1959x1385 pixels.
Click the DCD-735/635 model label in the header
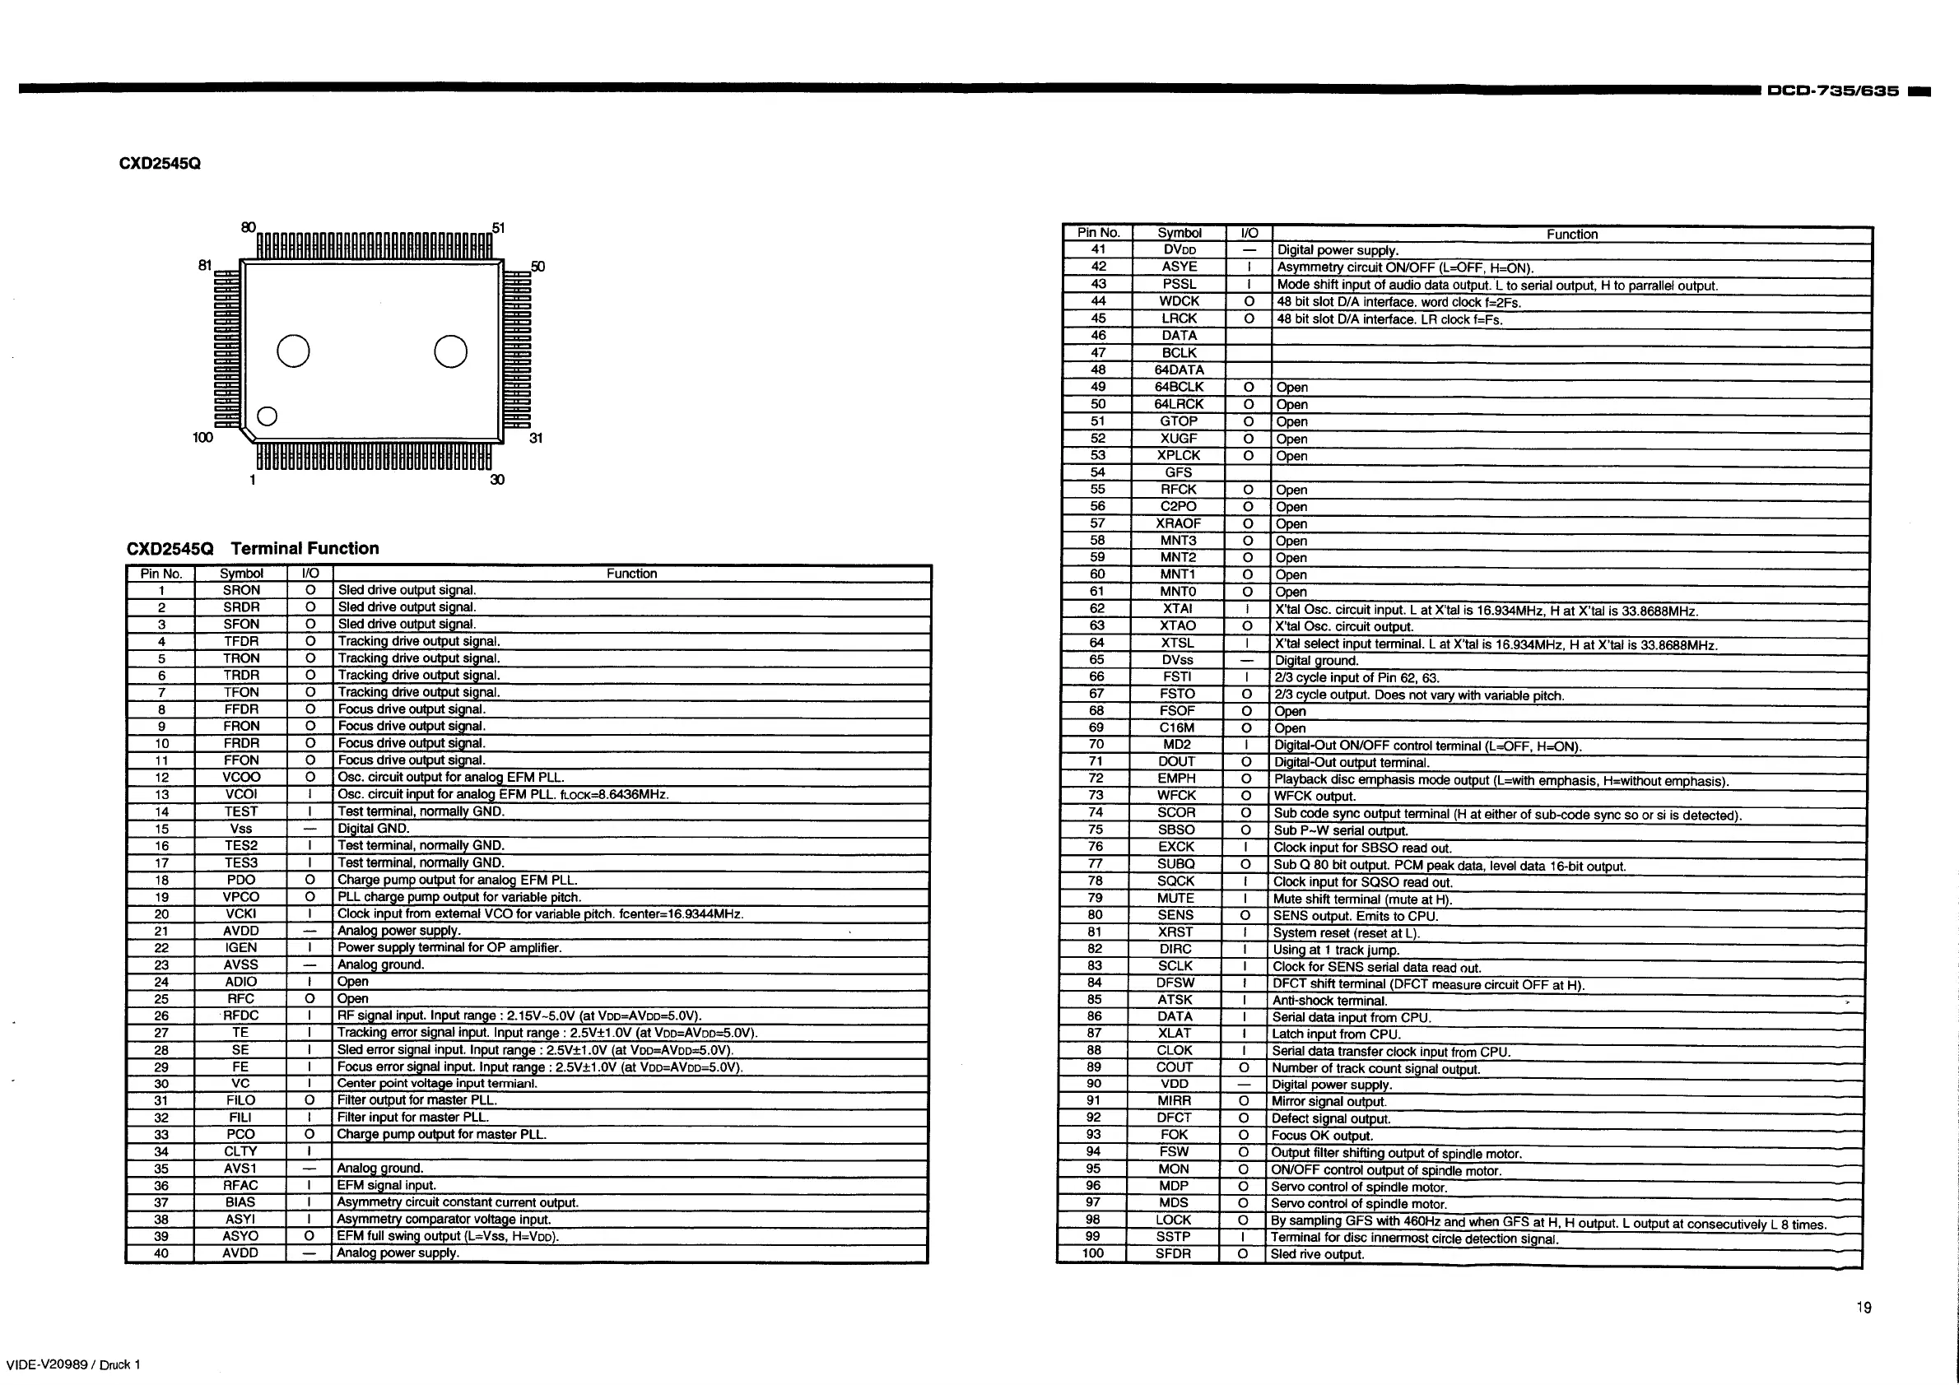pyautogui.click(x=1833, y=91)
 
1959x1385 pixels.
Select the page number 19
pyautogui.click(x=1864, y=1308)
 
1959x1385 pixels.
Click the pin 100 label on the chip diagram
pyautogui.click(x=202, y=438)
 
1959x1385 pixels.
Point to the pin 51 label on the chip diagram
pyautogui.click(x=499, y=228)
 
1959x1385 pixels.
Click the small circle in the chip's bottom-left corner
pyautogui.click(x=267, y=416)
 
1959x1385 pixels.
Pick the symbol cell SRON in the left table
pyautogui.click(x=241, y=590)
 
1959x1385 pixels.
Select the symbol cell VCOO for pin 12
pyautogui.click(x=241, y=777)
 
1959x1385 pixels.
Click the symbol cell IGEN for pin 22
pyautogui.click(x=240, y=947)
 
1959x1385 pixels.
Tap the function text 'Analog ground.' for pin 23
pyautogui.click(x=380, y=964)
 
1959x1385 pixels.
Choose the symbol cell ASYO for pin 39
pyautogui.click(x=240, y=1236)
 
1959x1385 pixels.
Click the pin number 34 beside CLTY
pyautogui.click(x=161, y=1151)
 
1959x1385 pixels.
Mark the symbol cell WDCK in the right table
pyautogui.click(x=1180, y=301)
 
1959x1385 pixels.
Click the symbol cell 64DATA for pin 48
pyautogui.click(x=1180, y=370)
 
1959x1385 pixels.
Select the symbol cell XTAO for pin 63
pyautogui.click(x=1177, y=626)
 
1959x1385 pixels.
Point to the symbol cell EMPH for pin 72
pyautogui.click(x=1176, y=778)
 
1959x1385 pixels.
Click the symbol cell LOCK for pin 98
pyautogui.click(x=1173, y=1220)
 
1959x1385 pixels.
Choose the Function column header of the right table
pyautogui.click(x=1571, y=235)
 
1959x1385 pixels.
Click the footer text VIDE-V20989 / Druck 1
pyautogui.click(x=73, y=1364)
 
